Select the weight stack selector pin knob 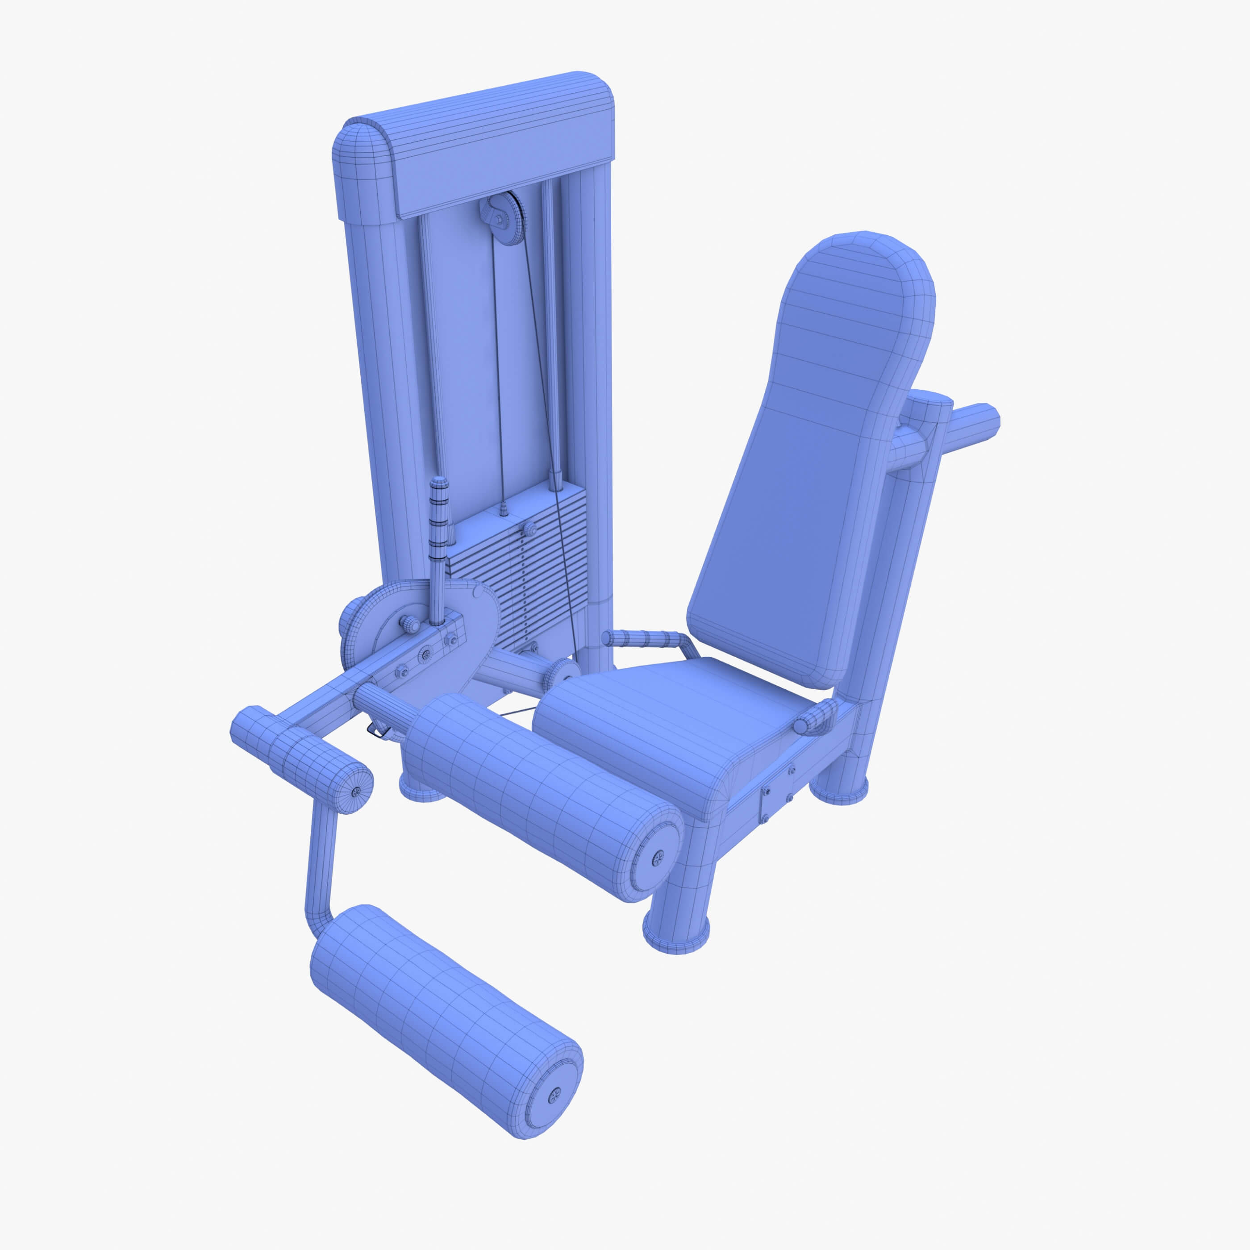(530, 529)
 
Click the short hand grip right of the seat (817, 719)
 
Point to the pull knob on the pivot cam (409, 623)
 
